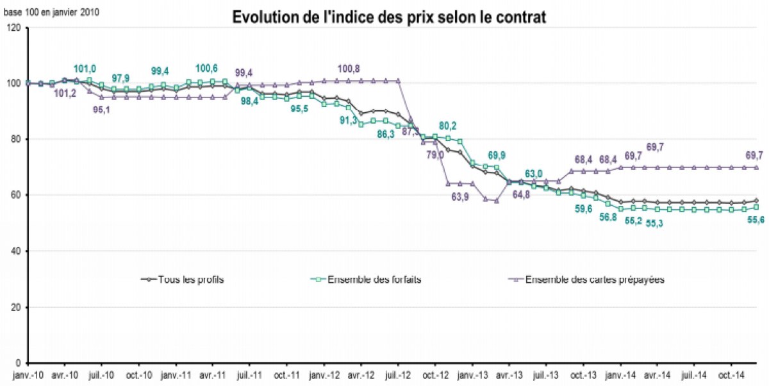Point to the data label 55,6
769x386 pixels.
pos(754,219)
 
